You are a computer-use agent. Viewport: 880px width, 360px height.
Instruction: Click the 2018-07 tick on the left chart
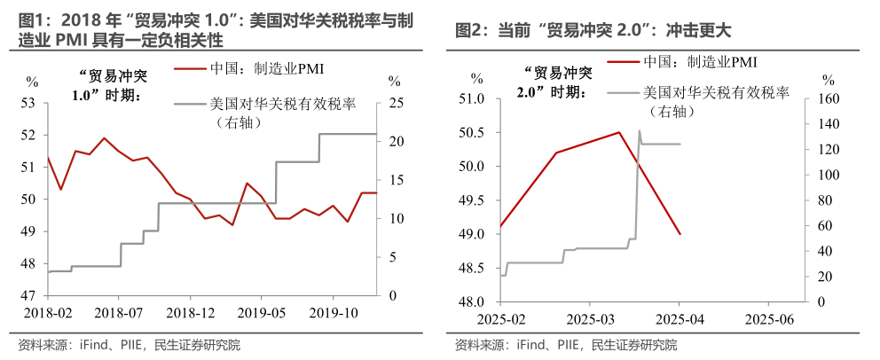[119, 313]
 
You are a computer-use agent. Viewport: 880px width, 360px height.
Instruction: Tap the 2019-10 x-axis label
[334, 313]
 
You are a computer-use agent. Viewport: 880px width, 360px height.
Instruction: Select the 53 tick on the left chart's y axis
[28, 103]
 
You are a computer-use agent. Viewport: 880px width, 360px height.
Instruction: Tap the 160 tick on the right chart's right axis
[826, 98]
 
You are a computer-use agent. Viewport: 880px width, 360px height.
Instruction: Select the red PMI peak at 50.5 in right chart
[618, 132]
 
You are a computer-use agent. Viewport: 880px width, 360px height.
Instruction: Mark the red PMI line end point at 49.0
[680, 234]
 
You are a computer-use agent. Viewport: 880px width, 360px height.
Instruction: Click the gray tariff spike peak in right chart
[640, 131]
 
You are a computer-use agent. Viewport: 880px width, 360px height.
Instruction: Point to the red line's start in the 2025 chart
[500, 227]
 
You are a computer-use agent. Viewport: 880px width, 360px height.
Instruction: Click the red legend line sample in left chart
[191, 69]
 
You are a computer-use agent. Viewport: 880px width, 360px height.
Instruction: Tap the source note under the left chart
[129, 345]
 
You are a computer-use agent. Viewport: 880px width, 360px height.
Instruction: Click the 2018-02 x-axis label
[44, 313]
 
